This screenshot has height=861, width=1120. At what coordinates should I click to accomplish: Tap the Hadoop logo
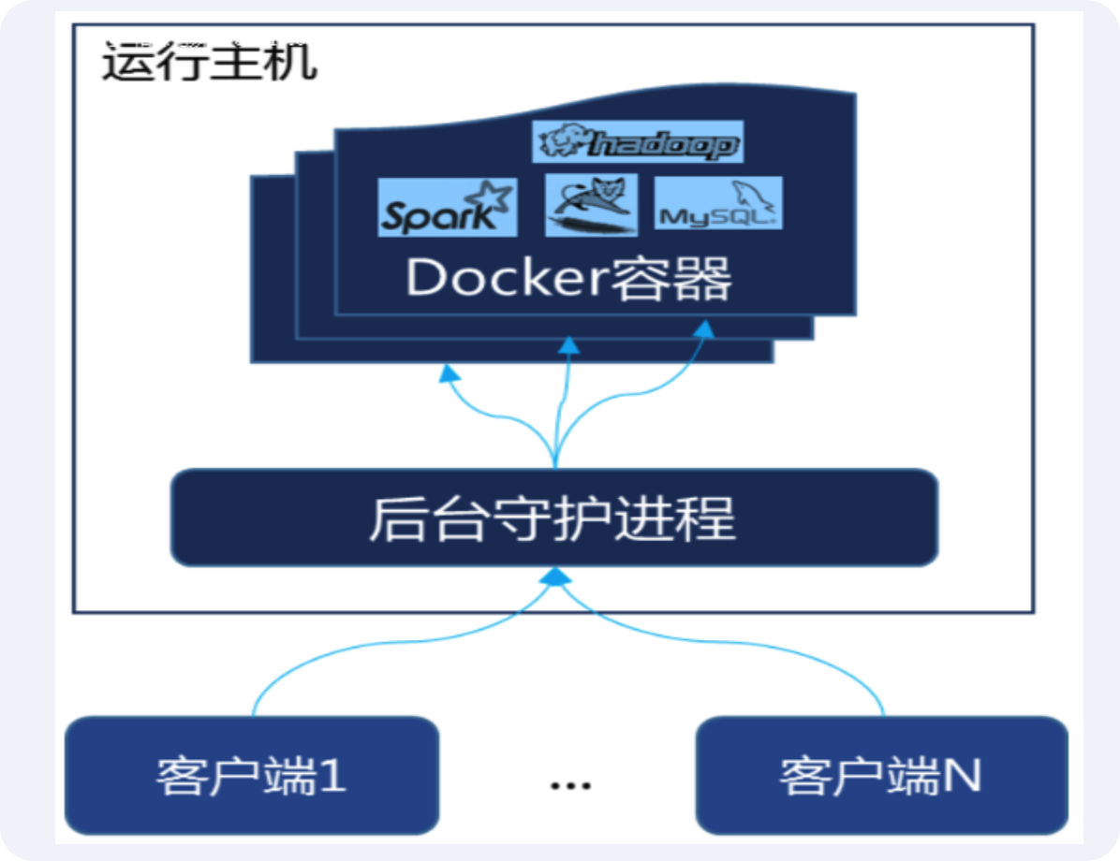coord(638,143)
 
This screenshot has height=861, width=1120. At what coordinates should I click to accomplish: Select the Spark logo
coord(448,208)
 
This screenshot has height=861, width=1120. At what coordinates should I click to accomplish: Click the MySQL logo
coord(718,205)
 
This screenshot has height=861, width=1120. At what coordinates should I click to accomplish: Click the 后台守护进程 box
coord(553,518)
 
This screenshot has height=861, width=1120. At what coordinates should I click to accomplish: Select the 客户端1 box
coord(252,775)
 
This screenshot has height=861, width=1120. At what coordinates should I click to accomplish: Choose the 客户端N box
coord(881,775)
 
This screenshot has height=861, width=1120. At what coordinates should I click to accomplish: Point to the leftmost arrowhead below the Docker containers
coord(450,373)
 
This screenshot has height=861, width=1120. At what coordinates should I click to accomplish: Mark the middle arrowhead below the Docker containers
coord(568,345)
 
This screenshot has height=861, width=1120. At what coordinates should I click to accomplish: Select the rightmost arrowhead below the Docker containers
coord(702,328)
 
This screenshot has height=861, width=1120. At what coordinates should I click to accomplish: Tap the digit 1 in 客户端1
coord(332,776)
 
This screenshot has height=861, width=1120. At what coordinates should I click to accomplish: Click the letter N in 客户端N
coord(963,776)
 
